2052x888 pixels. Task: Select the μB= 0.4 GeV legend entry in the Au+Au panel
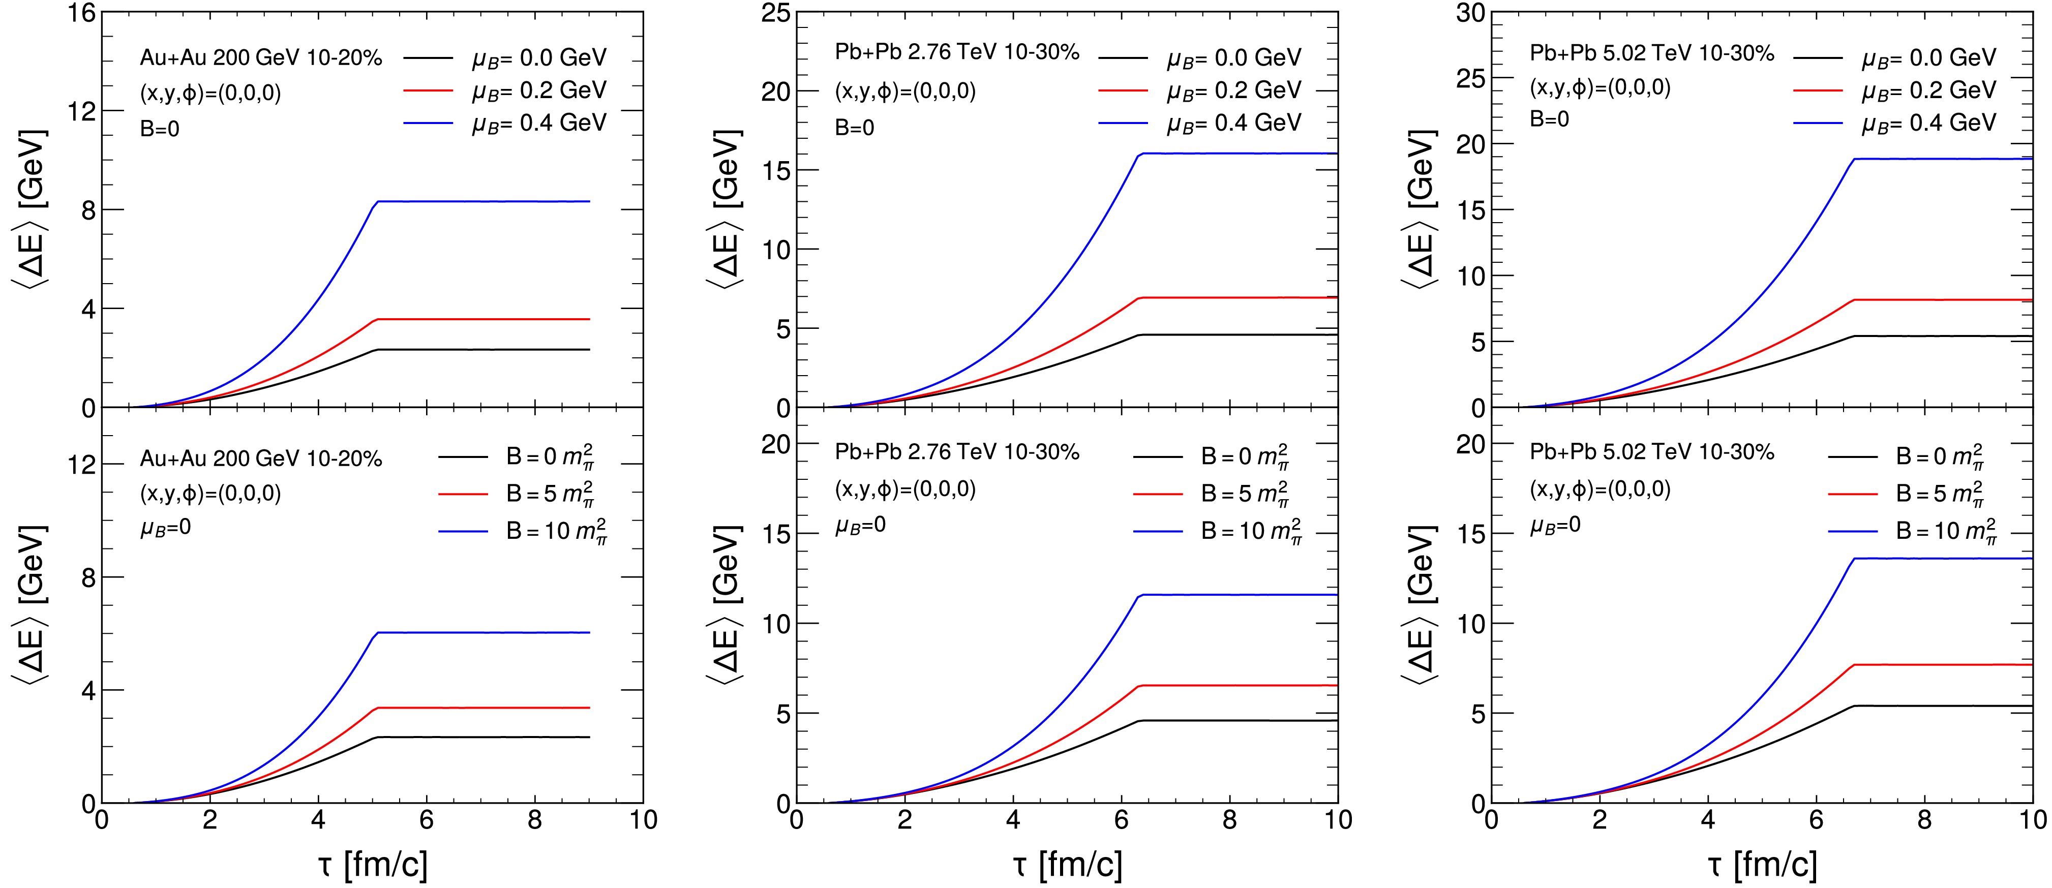pyautogui.click(x=538, y=123)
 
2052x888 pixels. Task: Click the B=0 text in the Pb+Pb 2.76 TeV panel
pyautogui.click(x=854, y=128)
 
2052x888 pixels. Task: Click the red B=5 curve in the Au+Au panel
pyautogui.click(x=478, y=707)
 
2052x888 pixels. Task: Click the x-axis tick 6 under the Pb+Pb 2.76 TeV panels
pyautogui.click(x=1122, y=820)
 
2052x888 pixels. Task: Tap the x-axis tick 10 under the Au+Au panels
pyautogui.click(x=643, y=820)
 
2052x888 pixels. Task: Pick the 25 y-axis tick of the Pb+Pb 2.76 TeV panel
pyautogui.click(x=772, y=14)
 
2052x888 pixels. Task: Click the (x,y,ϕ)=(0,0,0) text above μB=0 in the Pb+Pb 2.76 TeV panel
pyautogui.click(x=905, y=489)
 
